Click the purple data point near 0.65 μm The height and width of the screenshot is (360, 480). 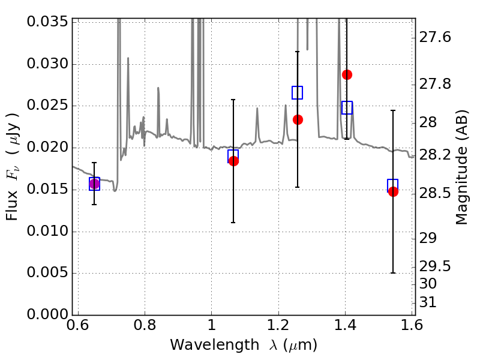click(x=94, y=184)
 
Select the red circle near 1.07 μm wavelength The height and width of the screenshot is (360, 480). click(x=233, y=161)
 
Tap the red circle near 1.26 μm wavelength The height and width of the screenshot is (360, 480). click(x=298, y=119)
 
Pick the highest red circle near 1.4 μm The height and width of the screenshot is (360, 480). click(x=347, y=74)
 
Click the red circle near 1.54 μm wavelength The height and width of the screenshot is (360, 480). click(x=393, y=191)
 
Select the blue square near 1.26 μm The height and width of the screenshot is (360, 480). click(x=297, y=93)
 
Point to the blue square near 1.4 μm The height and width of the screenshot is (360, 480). click(x=347, y=108)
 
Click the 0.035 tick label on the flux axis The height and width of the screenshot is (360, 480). click(x=47, y=22)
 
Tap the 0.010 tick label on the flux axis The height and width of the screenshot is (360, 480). click(x=47, y=231)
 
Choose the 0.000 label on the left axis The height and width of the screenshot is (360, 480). click(x=47, y=314)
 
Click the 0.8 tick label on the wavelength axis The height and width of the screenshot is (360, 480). click(x=145, y=325)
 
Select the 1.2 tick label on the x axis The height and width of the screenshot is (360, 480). click(x=278, y=325)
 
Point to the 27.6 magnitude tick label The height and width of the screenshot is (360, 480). click(x=435, y=37)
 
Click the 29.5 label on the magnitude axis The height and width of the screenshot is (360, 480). click(x=435, y=266)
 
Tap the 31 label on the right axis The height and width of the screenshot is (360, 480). click(x=428, y=302)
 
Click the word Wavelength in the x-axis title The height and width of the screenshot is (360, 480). click(x=215, y=345)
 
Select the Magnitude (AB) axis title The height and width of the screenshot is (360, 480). click(x=462, y=167)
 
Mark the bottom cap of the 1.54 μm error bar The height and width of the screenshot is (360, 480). click(x=393, y=273)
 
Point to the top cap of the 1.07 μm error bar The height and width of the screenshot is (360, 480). click(x=233, y=100)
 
